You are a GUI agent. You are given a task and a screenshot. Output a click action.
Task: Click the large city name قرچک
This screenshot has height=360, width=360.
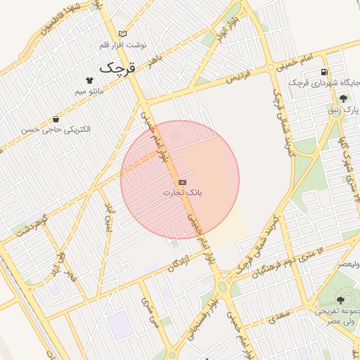tap(117, 68)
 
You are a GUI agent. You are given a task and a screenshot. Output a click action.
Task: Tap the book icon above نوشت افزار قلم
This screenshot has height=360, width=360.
tap(123, 34)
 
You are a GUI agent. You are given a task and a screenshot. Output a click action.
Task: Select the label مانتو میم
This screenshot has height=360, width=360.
tap(89, 91)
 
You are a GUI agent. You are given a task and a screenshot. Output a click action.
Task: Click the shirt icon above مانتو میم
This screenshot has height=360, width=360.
tap(89, 80)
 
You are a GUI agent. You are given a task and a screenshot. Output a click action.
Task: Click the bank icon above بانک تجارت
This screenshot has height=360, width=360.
tap(182, 182)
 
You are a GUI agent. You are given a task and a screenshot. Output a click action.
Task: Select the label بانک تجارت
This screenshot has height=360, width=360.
tap(182, 192)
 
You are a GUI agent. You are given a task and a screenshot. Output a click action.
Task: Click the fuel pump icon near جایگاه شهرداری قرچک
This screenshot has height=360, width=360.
tap(323, 72)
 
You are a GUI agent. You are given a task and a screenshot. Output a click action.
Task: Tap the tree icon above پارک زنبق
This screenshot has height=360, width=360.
tap(343, 99)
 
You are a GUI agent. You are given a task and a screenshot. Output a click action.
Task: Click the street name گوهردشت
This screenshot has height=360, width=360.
tap(28, 226)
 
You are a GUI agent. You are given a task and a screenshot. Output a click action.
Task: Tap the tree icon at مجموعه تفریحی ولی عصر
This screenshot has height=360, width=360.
tap(341, 299)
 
